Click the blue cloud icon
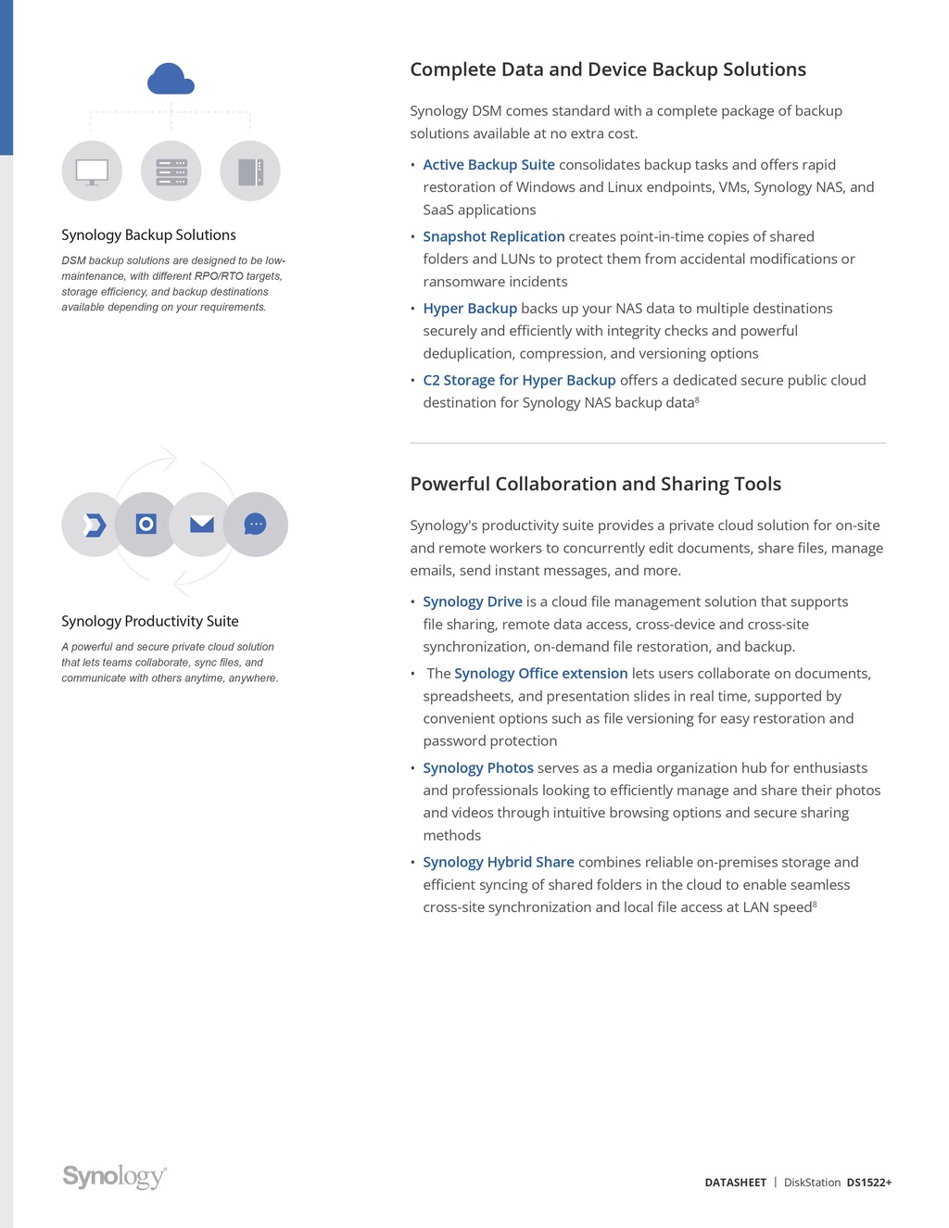(171, 80)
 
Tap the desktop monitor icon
(92, 171)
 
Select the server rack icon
(171, 171)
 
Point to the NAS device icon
(250, 171)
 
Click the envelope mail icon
(201, 525)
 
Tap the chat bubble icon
(255, 525)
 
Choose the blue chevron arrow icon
(94, 525)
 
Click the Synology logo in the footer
(115, 1176)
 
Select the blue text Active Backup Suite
(488, 165)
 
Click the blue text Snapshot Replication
(493, 237)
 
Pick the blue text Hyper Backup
(470, 309)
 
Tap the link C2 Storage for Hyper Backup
(519, 380)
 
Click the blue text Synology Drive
(473, 601)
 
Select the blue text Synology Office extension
(540, 674)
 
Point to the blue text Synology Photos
(478, 768)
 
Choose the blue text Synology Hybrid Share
(499, 862)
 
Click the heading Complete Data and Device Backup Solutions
(608, 70)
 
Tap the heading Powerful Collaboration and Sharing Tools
(595, 484)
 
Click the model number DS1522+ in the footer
(868, 1183)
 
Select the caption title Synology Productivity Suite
(150, 621)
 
